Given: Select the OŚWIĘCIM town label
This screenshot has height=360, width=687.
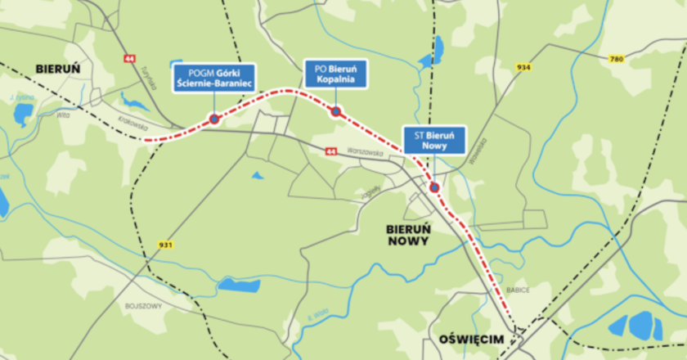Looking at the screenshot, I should pyautogui.click(x=469, y=340).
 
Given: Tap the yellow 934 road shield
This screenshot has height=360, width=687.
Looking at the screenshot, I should pyautogui.click(x=524, y=66).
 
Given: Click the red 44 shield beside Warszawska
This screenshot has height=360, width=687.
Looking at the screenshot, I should pyautogui.click(x=330, y=151).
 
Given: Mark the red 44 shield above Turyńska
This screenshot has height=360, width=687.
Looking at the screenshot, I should pyautogui.click(x=129, y=59).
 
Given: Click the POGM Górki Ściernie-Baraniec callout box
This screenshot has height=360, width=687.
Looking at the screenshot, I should pyautogui.click(x=214, y=79).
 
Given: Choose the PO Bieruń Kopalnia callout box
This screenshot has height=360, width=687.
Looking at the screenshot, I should pyautogui.click(x=336, y=74).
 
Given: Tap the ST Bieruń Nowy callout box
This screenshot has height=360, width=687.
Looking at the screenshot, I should pyautogui.click(x=434, y=139).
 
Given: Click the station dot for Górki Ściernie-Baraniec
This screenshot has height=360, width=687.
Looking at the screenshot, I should pyautogui.click(x=213, y=119).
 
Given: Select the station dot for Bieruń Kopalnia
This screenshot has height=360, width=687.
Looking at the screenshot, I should pyautogui.click(x=335, y=111).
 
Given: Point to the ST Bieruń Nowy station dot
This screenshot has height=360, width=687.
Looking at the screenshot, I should pyautogui.click(x=434, y=187).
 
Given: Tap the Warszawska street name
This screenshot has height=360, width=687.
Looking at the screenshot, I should pyautogui.click(x=365, y=152).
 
